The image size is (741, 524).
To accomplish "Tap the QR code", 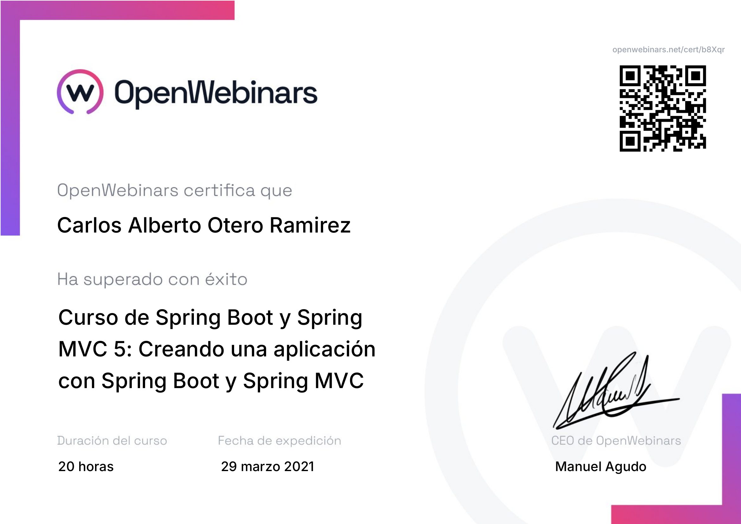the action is coord(662,108).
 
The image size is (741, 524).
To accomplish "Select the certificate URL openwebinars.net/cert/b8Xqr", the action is coord(668,49).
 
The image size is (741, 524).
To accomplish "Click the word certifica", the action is coord(220,190).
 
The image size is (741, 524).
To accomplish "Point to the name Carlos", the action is coord(89,225).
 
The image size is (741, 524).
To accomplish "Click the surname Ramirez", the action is coord(310,225).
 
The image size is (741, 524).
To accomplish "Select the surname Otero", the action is coord(235,225).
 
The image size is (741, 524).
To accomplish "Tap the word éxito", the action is coord(226,279).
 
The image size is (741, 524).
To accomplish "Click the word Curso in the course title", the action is coord(88,317).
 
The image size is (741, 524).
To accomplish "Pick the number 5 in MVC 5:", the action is coord(120,349).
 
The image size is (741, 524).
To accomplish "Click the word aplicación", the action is coord(324,350).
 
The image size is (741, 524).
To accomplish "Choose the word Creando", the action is coord(182,349).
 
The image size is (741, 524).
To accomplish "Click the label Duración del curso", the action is coord(112,441).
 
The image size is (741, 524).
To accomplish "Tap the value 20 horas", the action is coord(86,467).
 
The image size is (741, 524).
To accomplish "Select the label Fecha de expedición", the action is coord(279,441).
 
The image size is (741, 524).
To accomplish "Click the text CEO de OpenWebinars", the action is coord(616,441).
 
